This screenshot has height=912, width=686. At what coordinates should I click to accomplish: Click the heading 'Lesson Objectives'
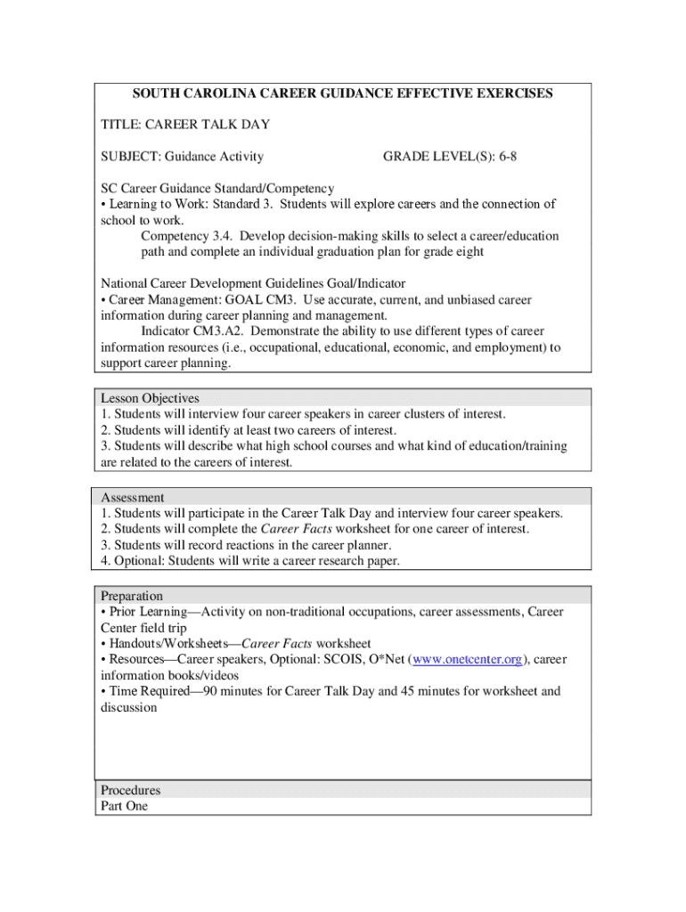point(150,398)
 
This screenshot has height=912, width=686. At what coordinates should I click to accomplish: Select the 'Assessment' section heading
point(133,497)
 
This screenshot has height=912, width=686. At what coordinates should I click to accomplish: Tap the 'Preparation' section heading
point(132,596)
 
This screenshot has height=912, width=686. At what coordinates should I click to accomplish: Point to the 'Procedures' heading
point(131,790)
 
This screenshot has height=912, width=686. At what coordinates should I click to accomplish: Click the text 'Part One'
point(125,806)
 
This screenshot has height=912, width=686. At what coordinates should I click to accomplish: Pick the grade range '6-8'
point(504,157)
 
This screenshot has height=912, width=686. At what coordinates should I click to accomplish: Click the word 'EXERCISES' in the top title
point(509,94)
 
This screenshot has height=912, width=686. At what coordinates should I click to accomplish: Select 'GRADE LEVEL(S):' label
point(437,157)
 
